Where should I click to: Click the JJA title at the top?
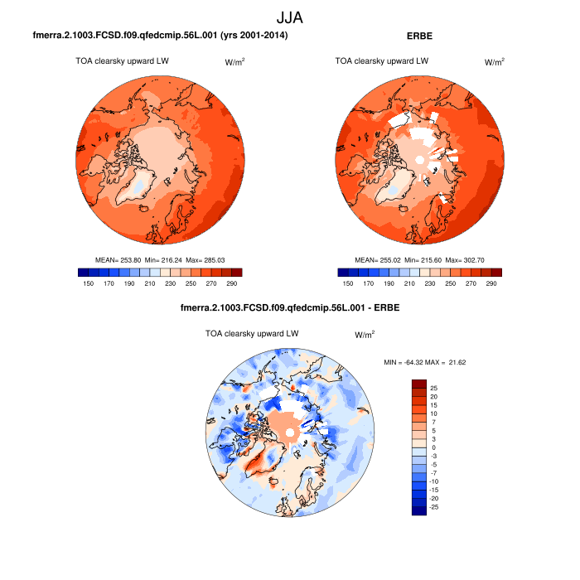[289, 17]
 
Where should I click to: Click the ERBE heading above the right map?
[419, 36]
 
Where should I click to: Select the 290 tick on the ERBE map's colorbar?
[491, 283]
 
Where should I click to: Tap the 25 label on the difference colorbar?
[433, 388]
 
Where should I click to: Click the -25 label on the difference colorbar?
[435, 506]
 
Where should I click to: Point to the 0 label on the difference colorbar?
[432, 447]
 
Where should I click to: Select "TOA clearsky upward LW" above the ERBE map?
[382, 60]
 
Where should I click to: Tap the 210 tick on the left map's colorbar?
[167, 283]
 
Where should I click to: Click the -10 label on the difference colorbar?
[435, 481]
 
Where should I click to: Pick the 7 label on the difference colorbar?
[432, 422]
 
